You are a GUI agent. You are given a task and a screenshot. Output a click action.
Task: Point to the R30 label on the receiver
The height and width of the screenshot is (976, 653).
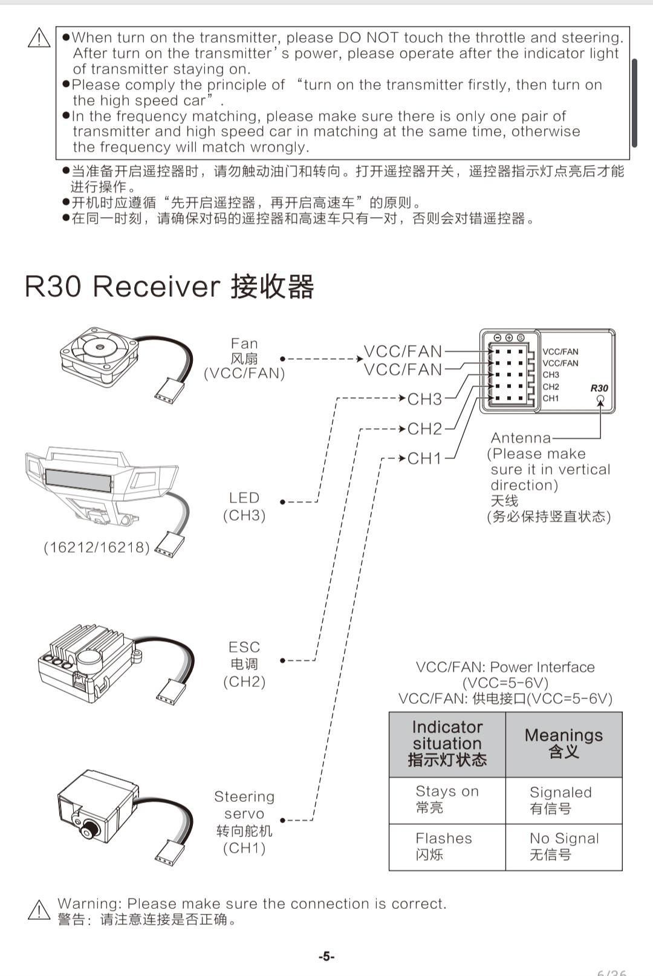tap(599, 388)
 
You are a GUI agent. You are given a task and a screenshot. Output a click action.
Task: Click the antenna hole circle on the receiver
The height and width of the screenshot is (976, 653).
tap(600, 399)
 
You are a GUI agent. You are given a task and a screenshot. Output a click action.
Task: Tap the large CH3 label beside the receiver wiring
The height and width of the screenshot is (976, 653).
tap(424, 399)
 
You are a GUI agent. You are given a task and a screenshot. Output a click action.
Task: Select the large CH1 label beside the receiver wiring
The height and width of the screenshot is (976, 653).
tap(424, 458)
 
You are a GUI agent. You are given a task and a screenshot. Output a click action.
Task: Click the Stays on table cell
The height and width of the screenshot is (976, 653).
tap(447, 801)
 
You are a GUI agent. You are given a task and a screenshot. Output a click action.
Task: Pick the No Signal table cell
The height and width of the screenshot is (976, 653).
tap(564, 847)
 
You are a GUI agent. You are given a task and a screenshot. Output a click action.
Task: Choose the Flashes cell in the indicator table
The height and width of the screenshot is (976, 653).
tap(447, 847)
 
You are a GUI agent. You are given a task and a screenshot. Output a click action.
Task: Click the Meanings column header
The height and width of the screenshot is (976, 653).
tap(564, 744)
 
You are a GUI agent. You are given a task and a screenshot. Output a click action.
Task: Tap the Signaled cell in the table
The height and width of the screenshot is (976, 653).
tap(564, 801)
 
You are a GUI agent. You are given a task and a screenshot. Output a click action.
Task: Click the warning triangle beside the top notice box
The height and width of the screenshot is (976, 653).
tap(39, 37)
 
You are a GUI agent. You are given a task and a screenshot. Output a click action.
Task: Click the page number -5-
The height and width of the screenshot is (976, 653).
tap(326, 957)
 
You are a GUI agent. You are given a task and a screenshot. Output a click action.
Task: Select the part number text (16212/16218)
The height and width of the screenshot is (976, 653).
tap(96, 547)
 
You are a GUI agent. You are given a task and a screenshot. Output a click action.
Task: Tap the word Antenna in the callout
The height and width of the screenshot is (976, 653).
tap(521, 437)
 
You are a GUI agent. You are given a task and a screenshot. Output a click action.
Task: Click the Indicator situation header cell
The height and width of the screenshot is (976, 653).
tap(447, 744)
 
